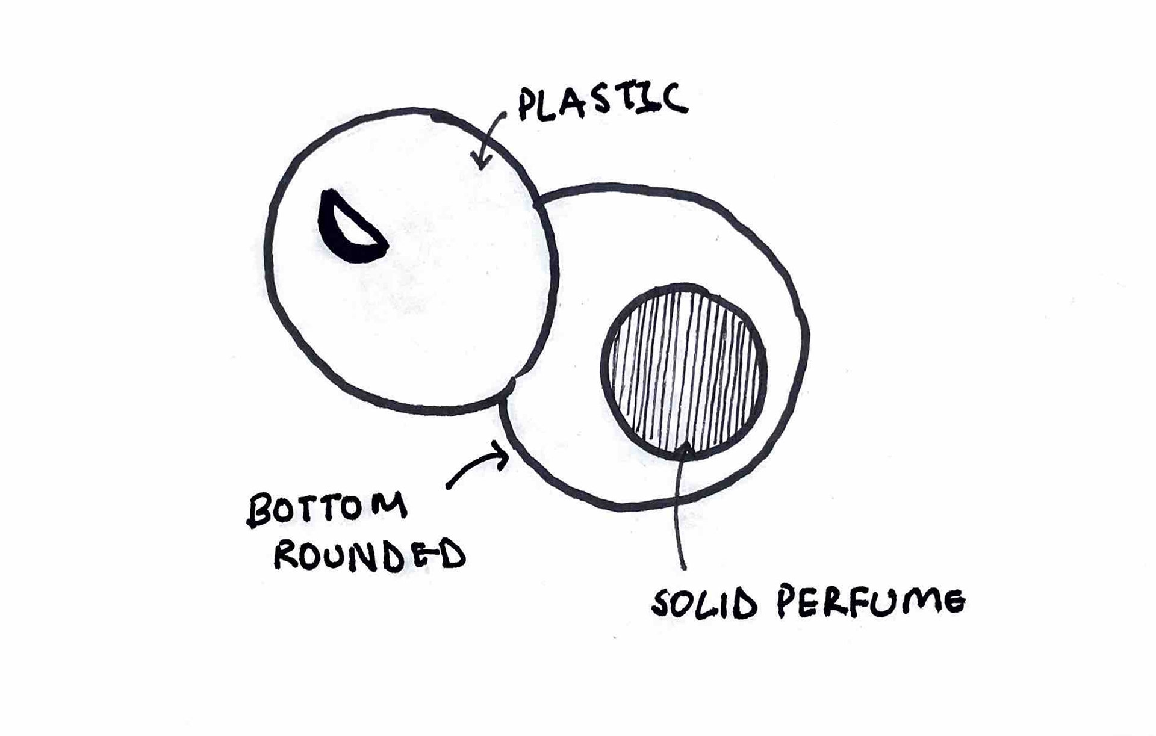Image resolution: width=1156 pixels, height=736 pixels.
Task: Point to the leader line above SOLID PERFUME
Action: pos(679,512)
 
